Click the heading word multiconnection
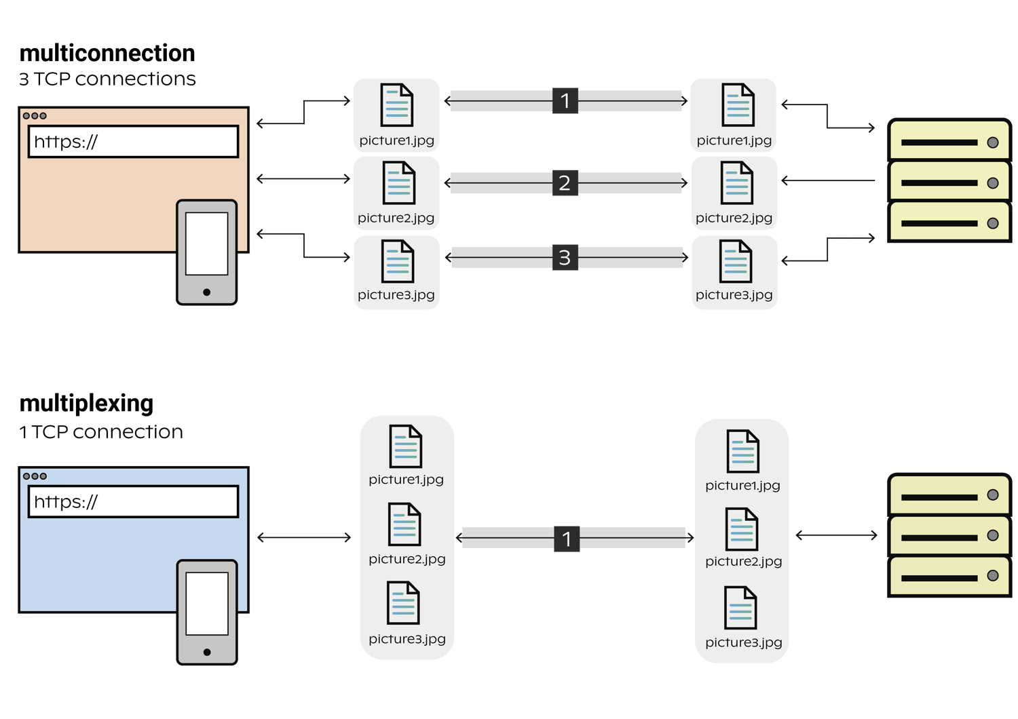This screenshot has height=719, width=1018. [107, 54]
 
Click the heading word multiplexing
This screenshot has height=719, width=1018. [86, 404]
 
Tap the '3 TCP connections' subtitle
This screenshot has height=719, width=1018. [107, 79]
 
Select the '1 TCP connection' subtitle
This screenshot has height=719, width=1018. [101, 432]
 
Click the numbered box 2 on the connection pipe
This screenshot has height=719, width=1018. [565, 183]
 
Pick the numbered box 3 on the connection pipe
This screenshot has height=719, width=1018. [565, 258]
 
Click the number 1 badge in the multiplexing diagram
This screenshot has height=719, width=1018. [567, 539]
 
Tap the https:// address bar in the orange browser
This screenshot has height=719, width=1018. [133, 142]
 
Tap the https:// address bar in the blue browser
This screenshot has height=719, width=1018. [133, 502]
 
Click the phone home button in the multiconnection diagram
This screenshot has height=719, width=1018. [206, 292]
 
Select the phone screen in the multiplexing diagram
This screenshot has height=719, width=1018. [206, 603]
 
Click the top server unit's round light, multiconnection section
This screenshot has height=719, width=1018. [992, 142]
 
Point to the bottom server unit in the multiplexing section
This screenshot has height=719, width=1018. [949, 577]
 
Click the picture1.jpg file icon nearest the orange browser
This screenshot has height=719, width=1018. [396, 105]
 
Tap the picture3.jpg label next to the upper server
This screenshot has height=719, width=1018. [734, 295]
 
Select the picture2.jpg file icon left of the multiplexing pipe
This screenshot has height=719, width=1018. [404, 524]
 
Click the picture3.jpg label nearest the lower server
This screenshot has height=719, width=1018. [743, 642]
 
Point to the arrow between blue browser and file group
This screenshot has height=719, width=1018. [304, 538]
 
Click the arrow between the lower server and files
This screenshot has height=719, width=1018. [836, 536]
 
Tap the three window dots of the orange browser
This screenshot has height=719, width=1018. [35, 116]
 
